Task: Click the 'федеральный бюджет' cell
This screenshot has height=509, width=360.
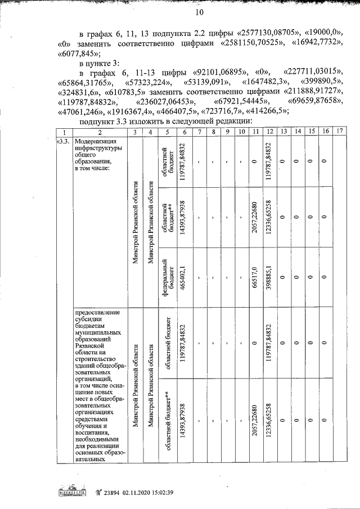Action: pyautogui.click(x=166, y=276)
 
